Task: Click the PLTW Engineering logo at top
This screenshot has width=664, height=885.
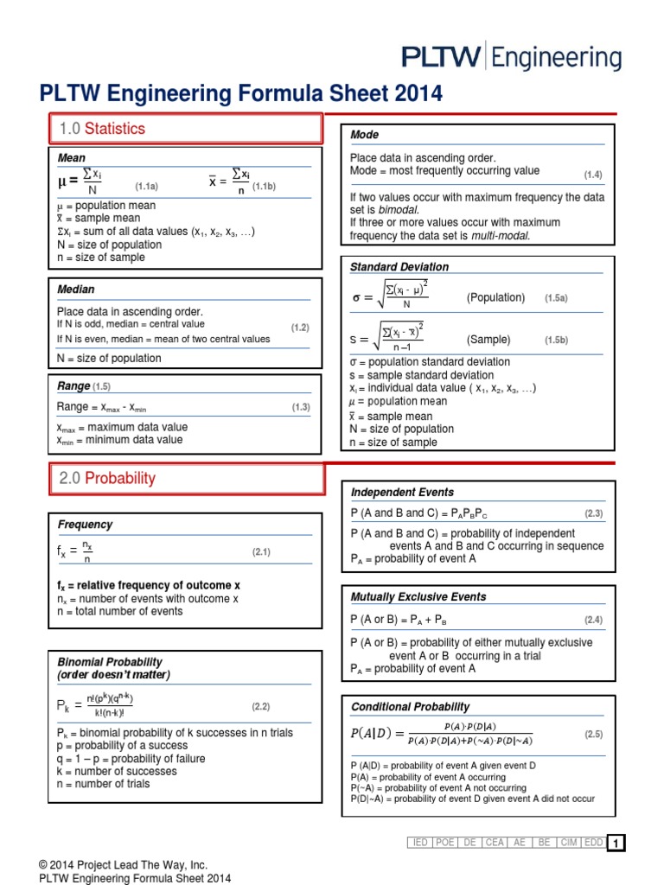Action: coord(511,58)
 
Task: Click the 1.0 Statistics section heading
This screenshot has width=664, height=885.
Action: coord(102,129)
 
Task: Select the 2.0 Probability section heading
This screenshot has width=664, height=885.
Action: coord(107,478)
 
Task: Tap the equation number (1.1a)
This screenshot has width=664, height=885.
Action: coord(146,186)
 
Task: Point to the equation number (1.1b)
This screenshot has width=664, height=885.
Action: coord(264,186)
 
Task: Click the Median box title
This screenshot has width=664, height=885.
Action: coord(76,290)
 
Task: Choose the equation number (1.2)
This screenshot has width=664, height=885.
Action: coord(300,328)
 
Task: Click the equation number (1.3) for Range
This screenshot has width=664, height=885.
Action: coord(300,406)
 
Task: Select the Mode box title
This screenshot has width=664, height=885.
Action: coord(364,135)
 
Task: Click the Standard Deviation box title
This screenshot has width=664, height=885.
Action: coord(399,267)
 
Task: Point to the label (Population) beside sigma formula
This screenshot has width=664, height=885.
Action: coord(495,297)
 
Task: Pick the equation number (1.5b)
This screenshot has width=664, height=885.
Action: coord(556,341)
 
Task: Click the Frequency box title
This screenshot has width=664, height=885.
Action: coord(85,525)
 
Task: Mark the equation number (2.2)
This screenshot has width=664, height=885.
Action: coord(261,706)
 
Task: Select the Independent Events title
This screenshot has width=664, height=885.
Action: coord(402,493)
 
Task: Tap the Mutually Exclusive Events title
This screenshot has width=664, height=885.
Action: coord(418,597)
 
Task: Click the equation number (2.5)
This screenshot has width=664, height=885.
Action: coord(593,734)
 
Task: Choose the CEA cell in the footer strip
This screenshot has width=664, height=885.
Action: coord(495,843)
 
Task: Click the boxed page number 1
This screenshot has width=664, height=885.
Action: coord(615,844)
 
